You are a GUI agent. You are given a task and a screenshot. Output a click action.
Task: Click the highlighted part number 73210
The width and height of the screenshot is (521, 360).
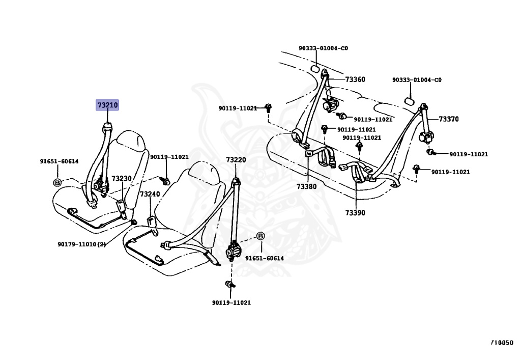click(107, 105)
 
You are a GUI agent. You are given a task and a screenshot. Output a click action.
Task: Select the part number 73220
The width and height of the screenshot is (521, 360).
click(236, 160)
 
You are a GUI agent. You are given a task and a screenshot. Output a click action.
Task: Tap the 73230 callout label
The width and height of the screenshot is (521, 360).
click(122, 179)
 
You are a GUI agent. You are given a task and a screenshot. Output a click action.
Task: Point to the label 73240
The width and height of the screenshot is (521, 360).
click(150, 194)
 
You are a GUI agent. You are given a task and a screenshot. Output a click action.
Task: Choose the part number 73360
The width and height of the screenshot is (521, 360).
click(355, 79)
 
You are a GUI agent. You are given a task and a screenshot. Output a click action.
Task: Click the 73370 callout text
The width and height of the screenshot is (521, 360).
click(449, 119)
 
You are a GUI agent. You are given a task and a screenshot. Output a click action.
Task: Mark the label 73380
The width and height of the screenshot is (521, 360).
click(307, 186)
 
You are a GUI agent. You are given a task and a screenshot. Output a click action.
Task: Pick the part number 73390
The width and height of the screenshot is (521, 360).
click(355, 212)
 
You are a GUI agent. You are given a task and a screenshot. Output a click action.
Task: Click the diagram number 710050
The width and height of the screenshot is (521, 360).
click(502, 343)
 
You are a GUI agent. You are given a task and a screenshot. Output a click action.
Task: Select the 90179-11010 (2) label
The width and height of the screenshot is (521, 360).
click(81, 244)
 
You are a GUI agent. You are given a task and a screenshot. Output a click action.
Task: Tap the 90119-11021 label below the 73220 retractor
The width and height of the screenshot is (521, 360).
click(231, 302)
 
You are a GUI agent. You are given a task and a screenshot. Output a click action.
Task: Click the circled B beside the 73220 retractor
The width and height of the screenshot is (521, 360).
click(260, 236)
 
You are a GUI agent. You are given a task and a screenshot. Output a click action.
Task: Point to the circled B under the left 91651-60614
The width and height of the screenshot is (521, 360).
click(57, 182)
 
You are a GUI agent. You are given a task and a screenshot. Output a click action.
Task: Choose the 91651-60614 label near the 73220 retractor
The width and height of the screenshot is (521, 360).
click(264, 258)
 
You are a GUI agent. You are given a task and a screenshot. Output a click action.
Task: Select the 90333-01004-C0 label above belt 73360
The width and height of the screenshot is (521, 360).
click(323, 48)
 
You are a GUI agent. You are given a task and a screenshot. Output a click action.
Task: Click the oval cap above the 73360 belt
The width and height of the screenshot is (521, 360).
click(315, 70)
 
